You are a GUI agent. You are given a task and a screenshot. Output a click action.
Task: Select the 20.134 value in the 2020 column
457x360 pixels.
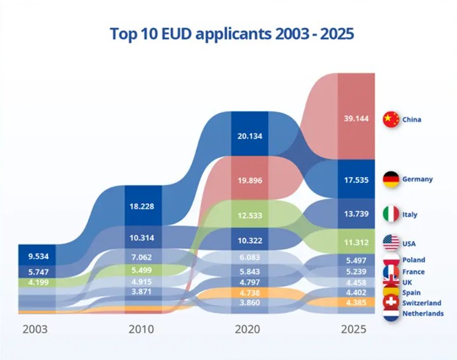pyautogui.click(x=250, y=137)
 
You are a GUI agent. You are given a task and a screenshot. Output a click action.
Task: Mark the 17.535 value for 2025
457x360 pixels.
pyautogui.click(x=356, y=178)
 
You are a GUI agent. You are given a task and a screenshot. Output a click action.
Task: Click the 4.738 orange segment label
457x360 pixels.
pyautogui.click(x=250, y=293)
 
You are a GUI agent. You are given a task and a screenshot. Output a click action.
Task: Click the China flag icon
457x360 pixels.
pyautogui.click(x=391, y=120)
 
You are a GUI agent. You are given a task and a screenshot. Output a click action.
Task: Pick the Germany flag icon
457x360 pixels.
pyautogui.click(x=391, y=179)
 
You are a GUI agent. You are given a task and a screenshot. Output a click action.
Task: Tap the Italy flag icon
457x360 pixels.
pyautogui.click(x=391, y=214)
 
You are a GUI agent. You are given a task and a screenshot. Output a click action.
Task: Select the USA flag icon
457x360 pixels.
pyautogui.click(x=391, y=244)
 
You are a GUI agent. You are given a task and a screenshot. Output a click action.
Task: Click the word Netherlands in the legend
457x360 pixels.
pyautogui.click(x=423, y=314)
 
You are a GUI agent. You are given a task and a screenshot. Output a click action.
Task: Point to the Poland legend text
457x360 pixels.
pyautogui.click(x=414, y=260)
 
